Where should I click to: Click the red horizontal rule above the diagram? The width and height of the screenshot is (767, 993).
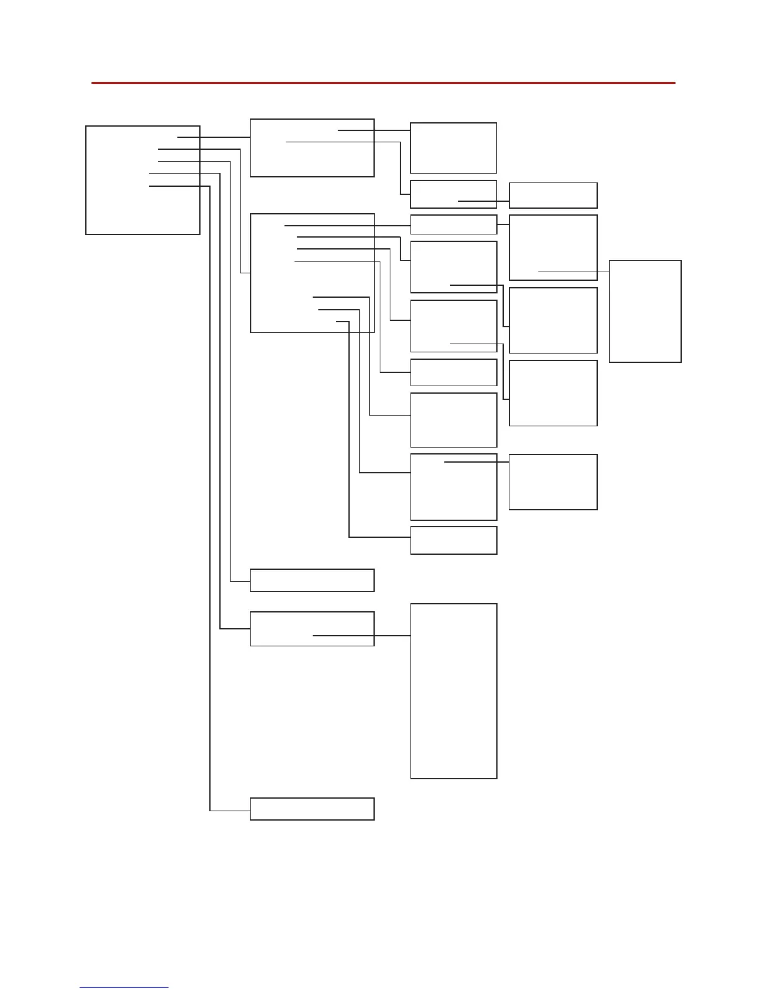[383, 83]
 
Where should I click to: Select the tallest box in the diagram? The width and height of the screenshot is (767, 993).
[454, 691]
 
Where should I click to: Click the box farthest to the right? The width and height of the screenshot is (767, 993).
[645, 311]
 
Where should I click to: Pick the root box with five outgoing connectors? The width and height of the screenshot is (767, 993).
[143, 180]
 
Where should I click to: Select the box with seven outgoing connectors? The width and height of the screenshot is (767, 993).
[312, 273]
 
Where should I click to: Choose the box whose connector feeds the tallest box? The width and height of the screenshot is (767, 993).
[312, 629]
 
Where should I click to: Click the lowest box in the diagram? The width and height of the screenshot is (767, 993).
[312, 809]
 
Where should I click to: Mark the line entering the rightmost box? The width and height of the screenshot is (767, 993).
[573, 271]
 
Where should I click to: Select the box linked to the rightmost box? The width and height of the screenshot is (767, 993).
[553, 248]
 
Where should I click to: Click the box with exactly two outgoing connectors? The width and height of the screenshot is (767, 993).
[312, 148]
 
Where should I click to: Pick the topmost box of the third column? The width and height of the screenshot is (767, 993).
[453, 148]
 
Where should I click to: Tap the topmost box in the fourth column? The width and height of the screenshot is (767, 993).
[553, 195]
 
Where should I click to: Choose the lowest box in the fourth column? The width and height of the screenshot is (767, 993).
[553, 482]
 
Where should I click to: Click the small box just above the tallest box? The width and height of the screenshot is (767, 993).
[453, 540]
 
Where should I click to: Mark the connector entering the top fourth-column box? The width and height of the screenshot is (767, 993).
[484, 201]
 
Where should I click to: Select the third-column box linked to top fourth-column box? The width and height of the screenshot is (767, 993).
[453, 194]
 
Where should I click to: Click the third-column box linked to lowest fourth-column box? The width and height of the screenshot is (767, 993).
[453, 487]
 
